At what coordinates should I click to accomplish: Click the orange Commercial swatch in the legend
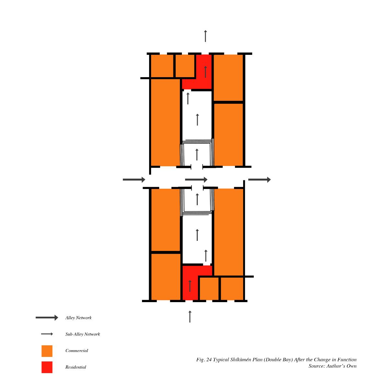47,351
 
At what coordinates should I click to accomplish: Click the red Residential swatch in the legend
47,367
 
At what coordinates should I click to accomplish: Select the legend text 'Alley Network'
78,318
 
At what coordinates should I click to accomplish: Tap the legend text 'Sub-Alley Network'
83,334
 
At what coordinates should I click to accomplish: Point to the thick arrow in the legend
47,318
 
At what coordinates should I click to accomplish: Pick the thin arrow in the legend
47,334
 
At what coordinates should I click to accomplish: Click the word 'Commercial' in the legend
77,351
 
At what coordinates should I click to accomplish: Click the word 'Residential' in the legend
76,367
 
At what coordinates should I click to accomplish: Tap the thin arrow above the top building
205,36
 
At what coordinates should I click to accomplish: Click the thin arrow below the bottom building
190,316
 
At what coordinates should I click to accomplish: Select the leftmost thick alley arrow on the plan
134,180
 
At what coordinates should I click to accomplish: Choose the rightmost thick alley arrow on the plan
259,180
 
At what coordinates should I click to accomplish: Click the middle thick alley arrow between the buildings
196,180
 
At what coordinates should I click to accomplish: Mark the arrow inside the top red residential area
205,72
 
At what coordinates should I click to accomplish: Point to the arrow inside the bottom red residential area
190,286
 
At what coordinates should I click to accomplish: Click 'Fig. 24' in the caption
204,360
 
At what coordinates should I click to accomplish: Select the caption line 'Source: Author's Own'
333,366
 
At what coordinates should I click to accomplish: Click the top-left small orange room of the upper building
162,66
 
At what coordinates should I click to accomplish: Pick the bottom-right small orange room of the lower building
232,289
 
